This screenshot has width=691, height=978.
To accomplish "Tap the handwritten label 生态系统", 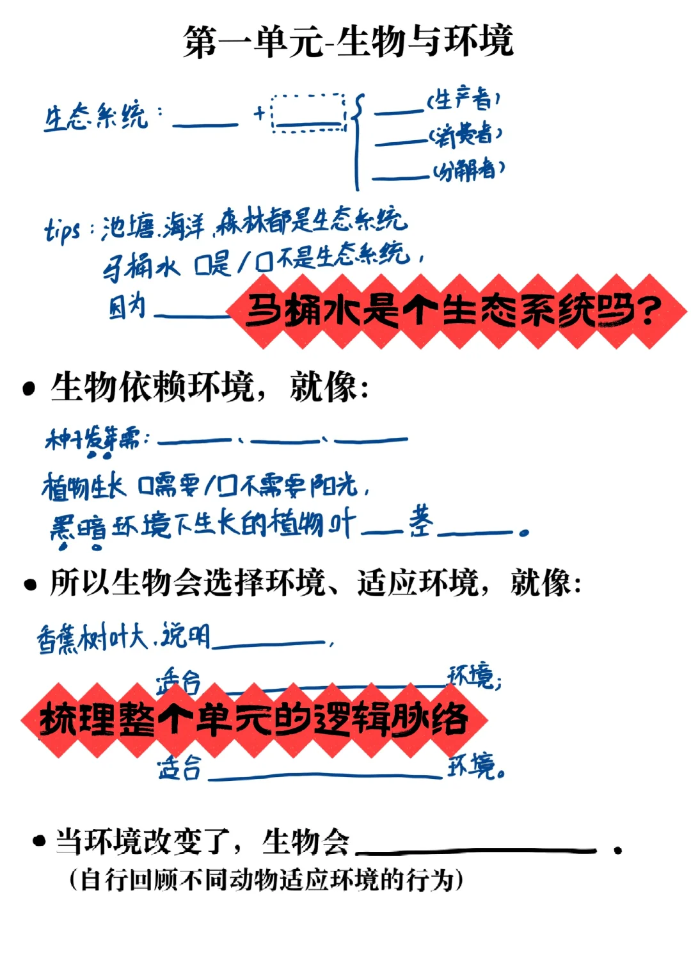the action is pos(95,117).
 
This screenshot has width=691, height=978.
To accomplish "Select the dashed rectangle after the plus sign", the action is pos(309,113).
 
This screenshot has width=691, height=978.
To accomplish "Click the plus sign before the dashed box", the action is pos(259,114).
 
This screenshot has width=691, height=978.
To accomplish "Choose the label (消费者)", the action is pos(465,135).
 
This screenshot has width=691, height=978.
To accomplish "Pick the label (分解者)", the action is pos(468,170).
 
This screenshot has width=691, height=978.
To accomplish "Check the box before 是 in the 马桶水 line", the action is pos(202,264).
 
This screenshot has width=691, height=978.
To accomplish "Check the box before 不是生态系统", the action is pos(263,262).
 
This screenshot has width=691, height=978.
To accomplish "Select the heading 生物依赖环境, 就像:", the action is pos(210,387).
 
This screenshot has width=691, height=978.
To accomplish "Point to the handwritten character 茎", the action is pos(421,522).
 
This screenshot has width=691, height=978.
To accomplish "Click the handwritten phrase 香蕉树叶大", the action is pos(92,638).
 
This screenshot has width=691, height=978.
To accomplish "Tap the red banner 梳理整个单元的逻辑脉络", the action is pos(254,719).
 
